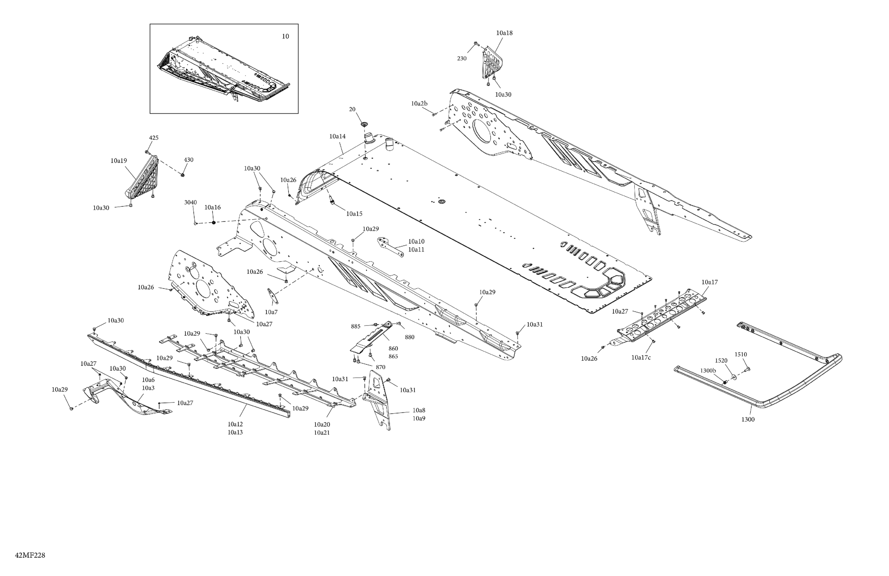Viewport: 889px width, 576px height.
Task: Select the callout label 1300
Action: click(x=748, y=419)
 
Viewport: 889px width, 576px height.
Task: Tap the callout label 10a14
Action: click(x=337, y=137)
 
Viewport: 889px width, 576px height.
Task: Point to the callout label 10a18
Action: click(x=504, y=33)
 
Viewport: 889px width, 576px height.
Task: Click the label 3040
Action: click(x=191, y=202)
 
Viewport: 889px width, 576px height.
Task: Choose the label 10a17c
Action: click(x=641, y=357)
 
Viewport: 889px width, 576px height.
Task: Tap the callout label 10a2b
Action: click(x=419, y=103)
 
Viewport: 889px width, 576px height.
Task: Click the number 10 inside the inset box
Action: click(x=285, y=36)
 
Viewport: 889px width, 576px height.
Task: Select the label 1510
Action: click(x=741, y=354)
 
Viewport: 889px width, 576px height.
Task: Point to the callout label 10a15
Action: click(x=354, y=214)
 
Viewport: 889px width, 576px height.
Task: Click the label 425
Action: click(x=154, y=138)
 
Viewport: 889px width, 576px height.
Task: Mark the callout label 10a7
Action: click(x=271, y=312)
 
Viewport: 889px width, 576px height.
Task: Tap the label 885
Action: click(x=356, y=326)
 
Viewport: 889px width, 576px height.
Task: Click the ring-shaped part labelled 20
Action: click(x=364, y=124)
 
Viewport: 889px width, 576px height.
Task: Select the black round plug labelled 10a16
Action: click(x=214, y=223)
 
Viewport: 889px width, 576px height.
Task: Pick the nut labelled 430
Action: click(x=183, y=174)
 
